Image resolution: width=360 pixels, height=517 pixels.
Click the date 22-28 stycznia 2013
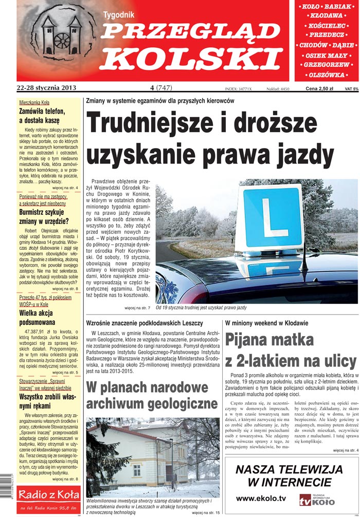pyautogui.click(x=46, y=88)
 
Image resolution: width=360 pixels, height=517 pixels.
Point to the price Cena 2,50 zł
pyautogui.click(x=319, y=88)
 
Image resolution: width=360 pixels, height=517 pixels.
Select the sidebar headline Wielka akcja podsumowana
pyautogui.click(x=41, y=318)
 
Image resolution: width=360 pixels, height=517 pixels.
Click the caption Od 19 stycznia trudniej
pyautogui.click(x=201, y=308)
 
